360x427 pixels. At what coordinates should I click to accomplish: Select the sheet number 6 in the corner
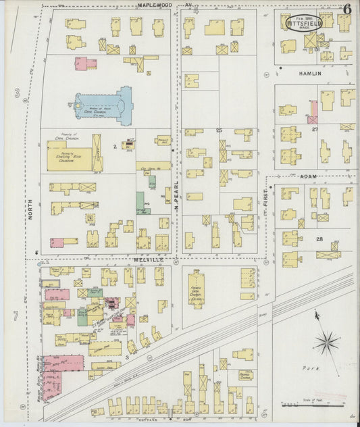coord(346,9)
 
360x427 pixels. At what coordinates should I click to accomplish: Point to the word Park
coord(311,369)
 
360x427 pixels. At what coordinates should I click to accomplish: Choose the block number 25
coord(219,130)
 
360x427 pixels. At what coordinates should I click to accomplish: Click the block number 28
coord(319,239)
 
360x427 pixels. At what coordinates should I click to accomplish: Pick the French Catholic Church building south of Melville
coord(197,291)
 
